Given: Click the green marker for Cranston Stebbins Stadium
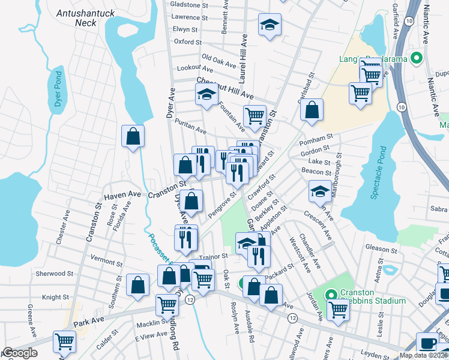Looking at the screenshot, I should (x=330, y=295).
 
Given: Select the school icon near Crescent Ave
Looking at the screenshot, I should (x=319, y=191).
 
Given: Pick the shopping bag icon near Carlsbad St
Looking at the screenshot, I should (x=312, y=110).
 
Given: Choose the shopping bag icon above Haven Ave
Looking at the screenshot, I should (x=133, y=136).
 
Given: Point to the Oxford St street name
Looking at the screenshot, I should (x=188, y=42).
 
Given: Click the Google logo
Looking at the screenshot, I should (x=19, y=353).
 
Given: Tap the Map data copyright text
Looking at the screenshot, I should (x=423, y=355).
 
